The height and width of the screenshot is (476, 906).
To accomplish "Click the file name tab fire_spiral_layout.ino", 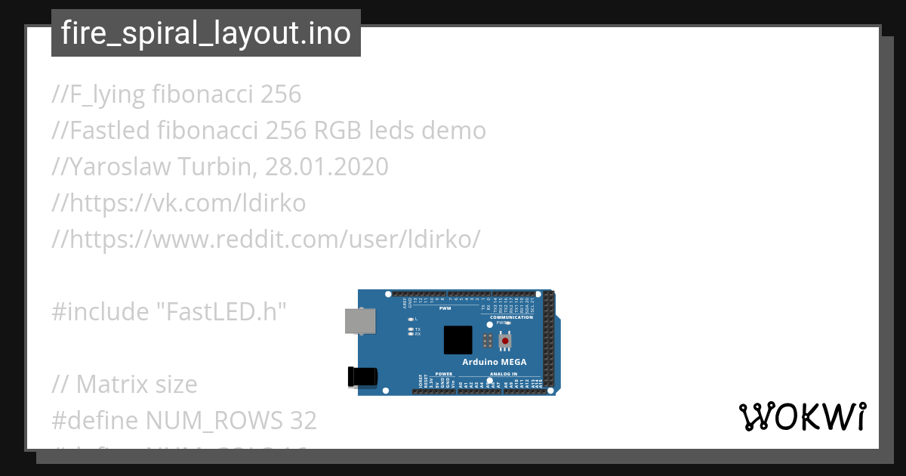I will [x=205, y=33].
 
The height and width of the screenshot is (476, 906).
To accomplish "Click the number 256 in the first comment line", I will [x=280, y=94].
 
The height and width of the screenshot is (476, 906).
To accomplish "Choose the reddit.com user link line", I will [x=266, y=239].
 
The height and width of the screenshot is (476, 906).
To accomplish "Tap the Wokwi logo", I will [x=803, y=416].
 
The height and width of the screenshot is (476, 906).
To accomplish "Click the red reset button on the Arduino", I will [x=504, y=341].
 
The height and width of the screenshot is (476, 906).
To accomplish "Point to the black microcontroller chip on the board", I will [x=458, y=339].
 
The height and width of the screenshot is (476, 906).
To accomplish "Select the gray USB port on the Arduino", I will [x=359, y=320].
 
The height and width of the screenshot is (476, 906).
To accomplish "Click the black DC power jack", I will [x=360, y=377].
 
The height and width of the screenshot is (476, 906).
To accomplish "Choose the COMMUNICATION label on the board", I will [x=511, y=317].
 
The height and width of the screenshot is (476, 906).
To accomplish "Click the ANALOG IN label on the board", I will [x=504, y=374].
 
